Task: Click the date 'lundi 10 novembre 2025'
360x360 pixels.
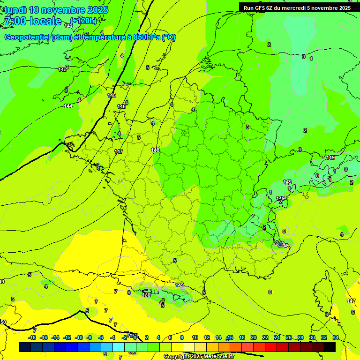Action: point(56,10)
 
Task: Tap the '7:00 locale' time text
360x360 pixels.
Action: point(32,21)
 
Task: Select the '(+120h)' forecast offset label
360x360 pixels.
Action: point(83,21)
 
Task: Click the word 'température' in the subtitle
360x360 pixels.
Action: point(102,37)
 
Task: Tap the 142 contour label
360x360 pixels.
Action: point(68,26)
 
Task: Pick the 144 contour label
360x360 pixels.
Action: point(68,106)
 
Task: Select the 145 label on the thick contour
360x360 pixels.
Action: point(112,95)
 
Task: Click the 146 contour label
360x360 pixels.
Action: point(121,106)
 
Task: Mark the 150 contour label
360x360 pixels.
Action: point(3,322)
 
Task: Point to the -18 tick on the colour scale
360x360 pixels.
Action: point(32,337)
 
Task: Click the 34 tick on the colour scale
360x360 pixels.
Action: point(336,337)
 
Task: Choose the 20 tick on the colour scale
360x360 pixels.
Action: point(254,337)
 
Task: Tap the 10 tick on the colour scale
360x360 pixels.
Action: point(195,337)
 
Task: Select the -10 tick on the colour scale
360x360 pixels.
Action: point(79,337)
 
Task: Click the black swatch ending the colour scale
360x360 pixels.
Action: point(330,347)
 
